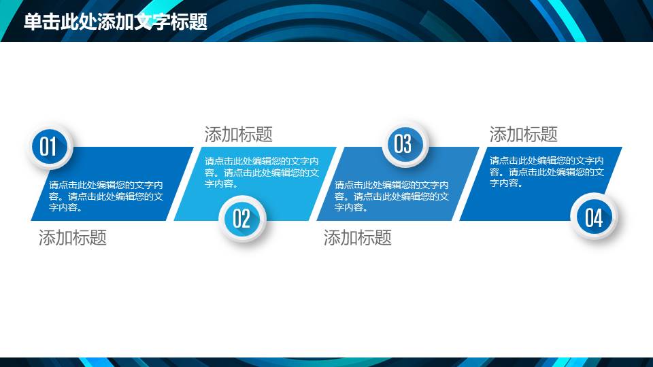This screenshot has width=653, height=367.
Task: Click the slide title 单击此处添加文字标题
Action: [116, 22]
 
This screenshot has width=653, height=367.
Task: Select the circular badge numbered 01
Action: [48, 147]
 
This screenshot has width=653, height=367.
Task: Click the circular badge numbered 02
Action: [241, 218]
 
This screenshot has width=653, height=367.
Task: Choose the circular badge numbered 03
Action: [403, 144]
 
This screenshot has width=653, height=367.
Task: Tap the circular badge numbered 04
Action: [594, 217]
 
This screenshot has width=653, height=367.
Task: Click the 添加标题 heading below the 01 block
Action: [73, 238]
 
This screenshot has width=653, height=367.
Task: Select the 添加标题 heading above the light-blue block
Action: [238, 135]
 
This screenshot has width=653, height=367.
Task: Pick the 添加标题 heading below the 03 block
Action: [357, 238]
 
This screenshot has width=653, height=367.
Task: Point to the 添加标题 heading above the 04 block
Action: [523, 135]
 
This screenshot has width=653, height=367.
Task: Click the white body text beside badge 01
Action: [106, 196]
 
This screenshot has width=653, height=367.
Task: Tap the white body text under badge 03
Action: [392, 196]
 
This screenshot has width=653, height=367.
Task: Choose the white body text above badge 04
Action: [547, 172]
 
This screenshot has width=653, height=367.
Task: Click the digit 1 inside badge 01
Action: [53, 147]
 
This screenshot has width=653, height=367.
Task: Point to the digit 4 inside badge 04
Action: [599, 218]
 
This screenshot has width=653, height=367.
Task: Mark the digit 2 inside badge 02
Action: [246, 218]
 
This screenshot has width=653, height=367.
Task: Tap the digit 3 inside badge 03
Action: [408, 144]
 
